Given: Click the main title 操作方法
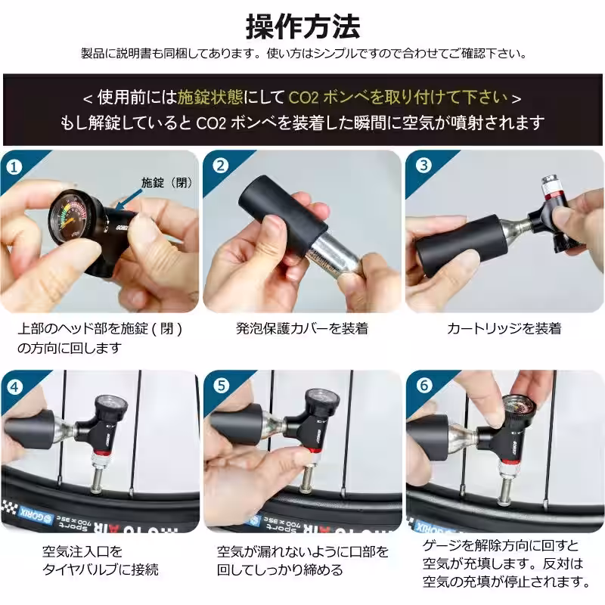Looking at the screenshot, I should pyautogui.click(x=302, y=26).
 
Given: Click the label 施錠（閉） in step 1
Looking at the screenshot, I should pyautogui.click(x=168, y=182).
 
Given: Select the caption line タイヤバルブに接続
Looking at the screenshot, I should pyautogui.click(x=101, y=569).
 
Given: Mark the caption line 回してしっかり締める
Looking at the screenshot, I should pyautogui.click(x=280, y=569).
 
